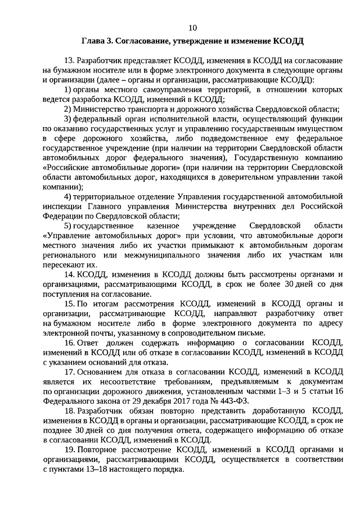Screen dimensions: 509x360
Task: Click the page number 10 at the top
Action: [192, 28]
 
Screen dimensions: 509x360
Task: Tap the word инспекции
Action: [60, 206]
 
